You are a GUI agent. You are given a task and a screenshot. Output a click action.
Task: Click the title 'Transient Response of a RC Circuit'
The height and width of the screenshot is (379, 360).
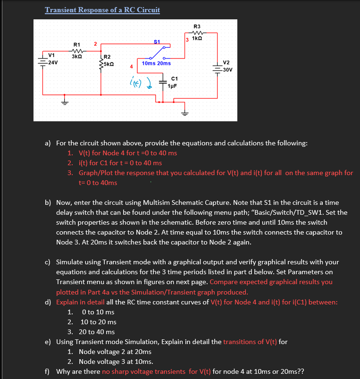click(102, 10)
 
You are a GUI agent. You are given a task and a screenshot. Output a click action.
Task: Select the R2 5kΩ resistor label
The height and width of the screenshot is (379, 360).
click(109, 61)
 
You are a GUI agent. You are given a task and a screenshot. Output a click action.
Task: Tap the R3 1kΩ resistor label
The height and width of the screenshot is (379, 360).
click(197, 32)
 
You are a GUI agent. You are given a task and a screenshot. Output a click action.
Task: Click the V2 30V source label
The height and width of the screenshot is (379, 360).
click(226, 66)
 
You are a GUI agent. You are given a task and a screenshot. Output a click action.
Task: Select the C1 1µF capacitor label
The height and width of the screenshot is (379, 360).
click(175, 82)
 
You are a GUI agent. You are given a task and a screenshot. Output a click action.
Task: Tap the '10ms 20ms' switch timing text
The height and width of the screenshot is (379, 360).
click(156, 63)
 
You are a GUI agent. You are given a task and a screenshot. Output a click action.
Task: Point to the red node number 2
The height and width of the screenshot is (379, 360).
click(95, 44)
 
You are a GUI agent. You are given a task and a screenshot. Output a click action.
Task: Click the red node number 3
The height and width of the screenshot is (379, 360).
click(187, 39)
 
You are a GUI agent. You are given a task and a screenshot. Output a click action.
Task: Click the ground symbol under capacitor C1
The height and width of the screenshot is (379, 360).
click(184, 112)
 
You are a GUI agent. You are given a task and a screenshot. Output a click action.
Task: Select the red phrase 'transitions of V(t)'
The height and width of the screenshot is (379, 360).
click(250, 342)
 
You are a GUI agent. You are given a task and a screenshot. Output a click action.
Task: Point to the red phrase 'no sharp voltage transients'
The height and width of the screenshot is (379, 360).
click(143, 371)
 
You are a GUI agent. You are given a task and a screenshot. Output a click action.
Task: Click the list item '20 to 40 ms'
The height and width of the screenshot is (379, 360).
click(97, 332)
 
